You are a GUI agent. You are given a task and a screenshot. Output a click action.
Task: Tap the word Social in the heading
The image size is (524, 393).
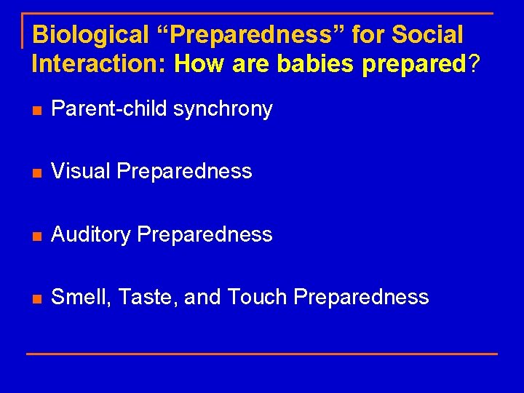point(428,34)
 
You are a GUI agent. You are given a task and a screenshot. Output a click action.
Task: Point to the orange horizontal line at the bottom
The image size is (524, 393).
point(262,354)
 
